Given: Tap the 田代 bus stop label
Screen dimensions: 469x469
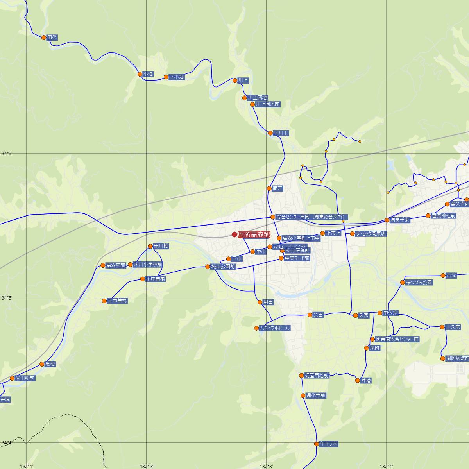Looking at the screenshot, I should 52,38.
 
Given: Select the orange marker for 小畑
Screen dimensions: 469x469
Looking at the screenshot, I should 140,74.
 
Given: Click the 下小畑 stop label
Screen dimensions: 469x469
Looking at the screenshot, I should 177,77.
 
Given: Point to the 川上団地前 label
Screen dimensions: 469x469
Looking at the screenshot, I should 268,104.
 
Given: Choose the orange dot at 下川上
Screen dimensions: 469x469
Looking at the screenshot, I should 270,133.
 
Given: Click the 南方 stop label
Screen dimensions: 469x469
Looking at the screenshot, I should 277,188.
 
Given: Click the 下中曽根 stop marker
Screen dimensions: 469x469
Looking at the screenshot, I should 104,301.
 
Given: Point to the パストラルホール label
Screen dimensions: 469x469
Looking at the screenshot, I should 275,328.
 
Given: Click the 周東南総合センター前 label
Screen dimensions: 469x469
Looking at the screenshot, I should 397,339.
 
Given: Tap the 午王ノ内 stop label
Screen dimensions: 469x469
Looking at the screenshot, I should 328,444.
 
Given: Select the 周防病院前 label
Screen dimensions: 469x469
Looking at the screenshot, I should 457,358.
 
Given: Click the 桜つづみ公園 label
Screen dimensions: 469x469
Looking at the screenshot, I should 419,282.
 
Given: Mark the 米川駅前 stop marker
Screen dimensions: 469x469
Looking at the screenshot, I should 12,378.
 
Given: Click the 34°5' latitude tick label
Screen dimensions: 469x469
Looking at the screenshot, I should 7,298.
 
